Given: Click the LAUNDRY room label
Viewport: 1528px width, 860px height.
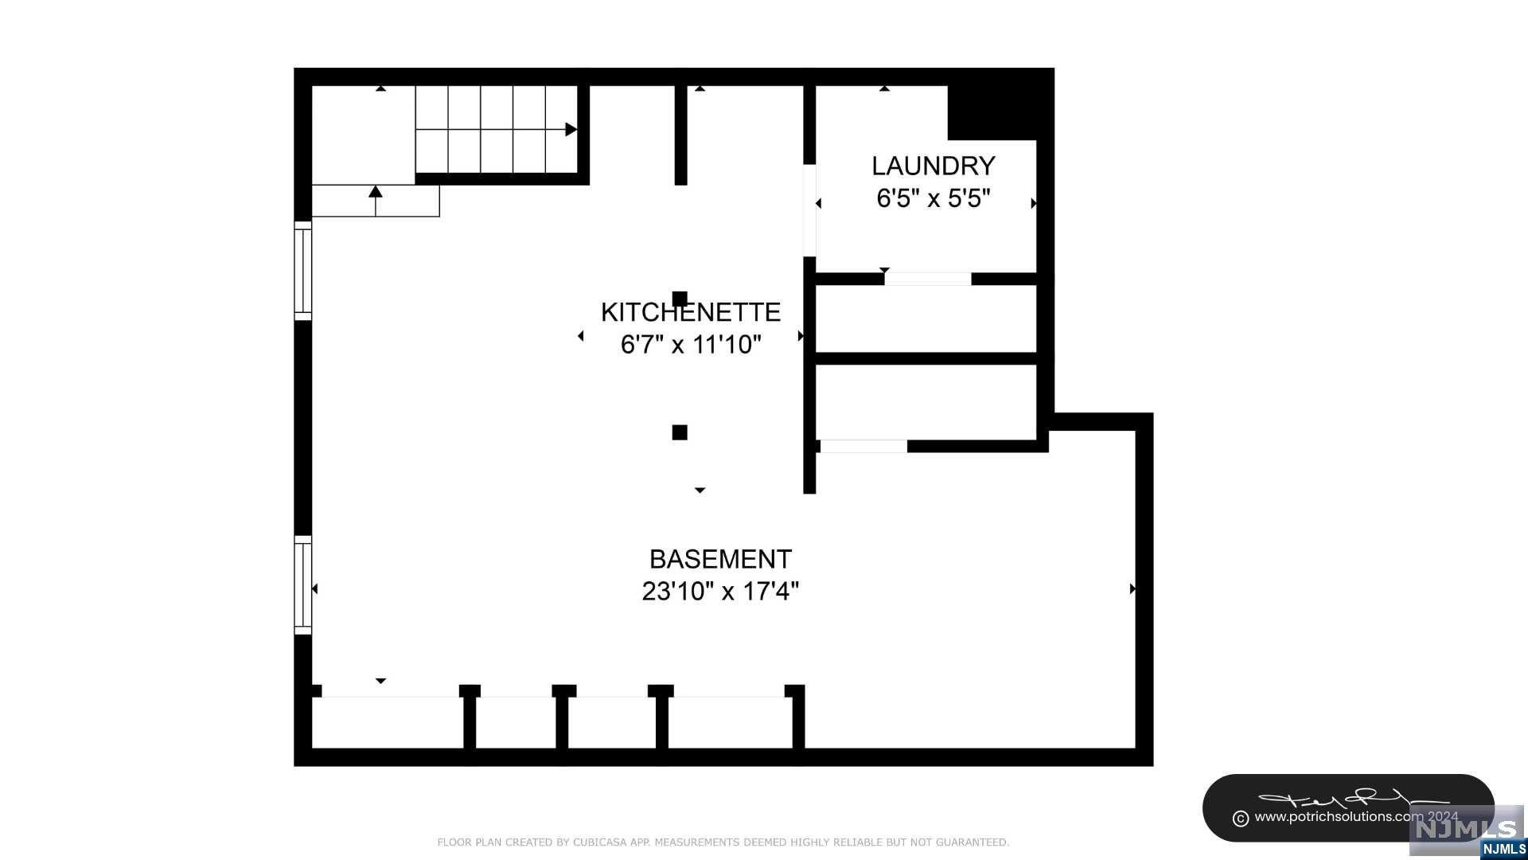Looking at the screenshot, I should click(933, 166).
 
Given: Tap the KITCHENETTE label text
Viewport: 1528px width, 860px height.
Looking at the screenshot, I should click(690, 312).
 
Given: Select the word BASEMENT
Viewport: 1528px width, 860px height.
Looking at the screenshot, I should click(720, 559).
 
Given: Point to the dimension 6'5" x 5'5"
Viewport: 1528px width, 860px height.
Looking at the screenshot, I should click(933, 198).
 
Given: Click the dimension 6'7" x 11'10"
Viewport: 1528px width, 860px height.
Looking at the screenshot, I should click(690, 345).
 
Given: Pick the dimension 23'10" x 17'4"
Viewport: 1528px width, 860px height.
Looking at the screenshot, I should click(720, 592).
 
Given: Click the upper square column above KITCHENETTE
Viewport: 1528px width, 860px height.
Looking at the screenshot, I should click(680, 299).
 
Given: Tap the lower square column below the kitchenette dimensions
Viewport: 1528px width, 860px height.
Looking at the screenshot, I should click(680, 432).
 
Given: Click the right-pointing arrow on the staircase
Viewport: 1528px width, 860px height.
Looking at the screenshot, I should click(571, 129).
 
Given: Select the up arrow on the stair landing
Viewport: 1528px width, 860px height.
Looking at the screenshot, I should click(376, 192).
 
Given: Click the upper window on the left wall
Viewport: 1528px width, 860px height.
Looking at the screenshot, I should click(302, 271).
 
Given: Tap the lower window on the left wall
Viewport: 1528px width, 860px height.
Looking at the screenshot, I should click(302, 585).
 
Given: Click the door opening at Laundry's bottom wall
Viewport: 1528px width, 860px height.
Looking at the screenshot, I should click(928, 279).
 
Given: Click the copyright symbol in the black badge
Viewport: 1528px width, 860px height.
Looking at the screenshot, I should click(1240, 818).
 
